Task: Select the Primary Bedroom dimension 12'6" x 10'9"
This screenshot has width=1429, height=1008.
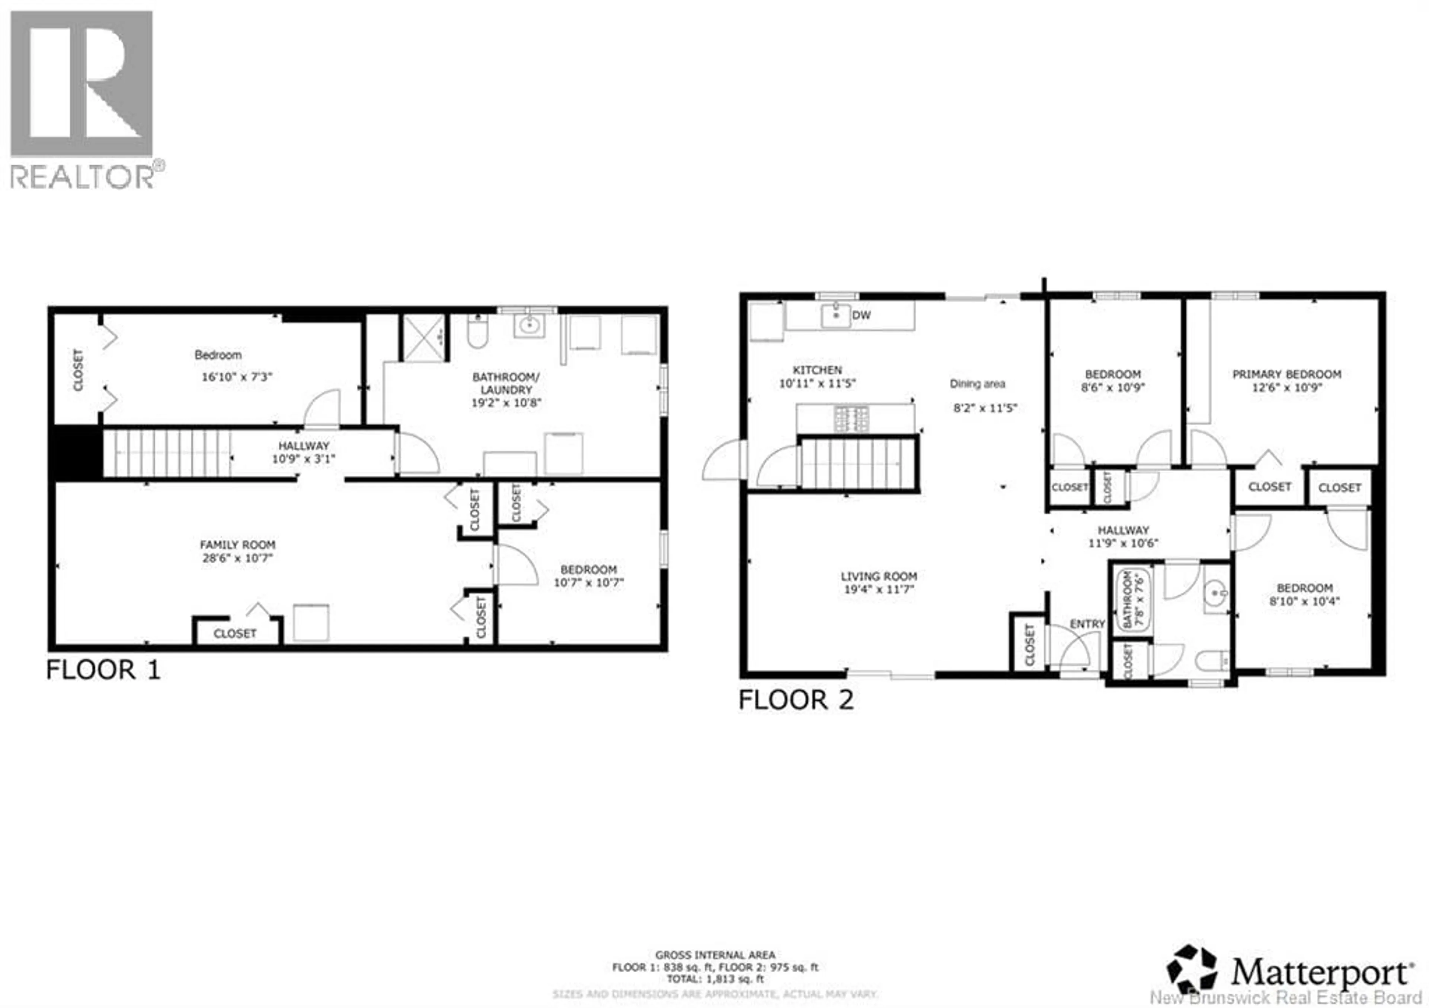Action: click(1286, 387)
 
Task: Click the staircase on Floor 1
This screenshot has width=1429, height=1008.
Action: click(167, 454)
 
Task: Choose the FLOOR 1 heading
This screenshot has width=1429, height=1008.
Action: click(103, 670)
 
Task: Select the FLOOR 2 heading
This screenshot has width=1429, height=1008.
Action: click(795, 700)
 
